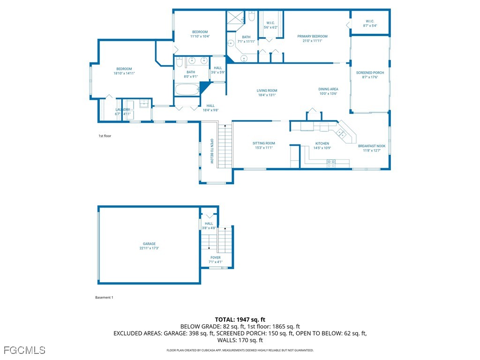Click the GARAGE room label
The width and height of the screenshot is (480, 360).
pos(149,244)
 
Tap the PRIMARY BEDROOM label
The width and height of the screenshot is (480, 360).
pos(312,36)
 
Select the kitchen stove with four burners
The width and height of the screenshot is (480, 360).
pos(331,163)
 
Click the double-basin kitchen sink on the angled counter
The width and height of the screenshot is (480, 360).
pos(342,134)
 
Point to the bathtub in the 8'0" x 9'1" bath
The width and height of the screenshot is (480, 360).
pos(187,90)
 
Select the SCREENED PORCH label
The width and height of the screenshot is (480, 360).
pos(370,73)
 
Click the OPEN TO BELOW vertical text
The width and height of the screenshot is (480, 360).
pos(211,151)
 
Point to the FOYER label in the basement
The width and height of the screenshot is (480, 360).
pos(215,257)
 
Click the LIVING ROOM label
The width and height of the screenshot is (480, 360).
pos(267,90)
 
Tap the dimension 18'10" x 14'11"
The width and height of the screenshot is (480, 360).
pos(124,73)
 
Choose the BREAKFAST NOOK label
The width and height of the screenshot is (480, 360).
pos(372,146)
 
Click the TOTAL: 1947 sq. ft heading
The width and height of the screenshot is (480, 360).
pos(240,319)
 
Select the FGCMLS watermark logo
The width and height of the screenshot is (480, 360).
pos(24,350)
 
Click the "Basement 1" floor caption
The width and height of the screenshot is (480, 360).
pos(104,297)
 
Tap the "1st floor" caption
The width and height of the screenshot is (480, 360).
pos(105,136)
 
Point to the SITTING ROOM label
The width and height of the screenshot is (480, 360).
pos(263,143)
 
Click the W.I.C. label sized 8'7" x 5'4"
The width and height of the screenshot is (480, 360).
pos(370,21)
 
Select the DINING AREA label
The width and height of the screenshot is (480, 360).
pos(328,89)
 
